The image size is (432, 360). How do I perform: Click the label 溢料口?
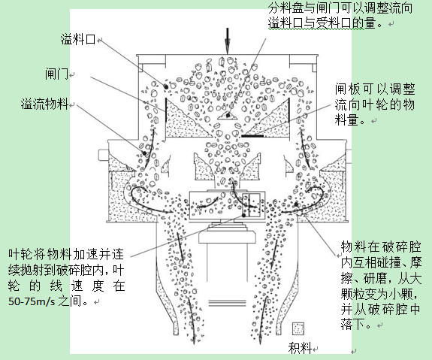click(78, 39)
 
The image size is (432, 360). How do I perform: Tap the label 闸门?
click(56, 74)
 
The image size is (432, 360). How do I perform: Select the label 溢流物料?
click(44, 104)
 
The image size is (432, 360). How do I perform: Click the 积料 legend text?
click(300, 348)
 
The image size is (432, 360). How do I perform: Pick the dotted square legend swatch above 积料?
click(298, 328)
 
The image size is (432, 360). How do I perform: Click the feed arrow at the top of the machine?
click(228, 41)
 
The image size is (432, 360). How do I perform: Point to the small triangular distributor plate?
click(228, 115)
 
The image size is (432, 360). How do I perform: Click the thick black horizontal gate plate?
click(252, 136)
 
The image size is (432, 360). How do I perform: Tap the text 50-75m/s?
click(32, 301)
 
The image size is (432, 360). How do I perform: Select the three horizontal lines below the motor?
click(227, 303)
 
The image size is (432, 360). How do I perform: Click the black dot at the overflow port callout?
click(166, 87)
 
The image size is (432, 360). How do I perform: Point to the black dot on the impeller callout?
click(244, 215)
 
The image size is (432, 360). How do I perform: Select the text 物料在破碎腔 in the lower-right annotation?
click(381, 247)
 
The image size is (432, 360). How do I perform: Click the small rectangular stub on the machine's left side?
click(103, 155)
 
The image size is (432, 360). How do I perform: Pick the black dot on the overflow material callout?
click(144, 153)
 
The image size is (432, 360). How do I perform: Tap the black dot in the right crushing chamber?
click(296, 204)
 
